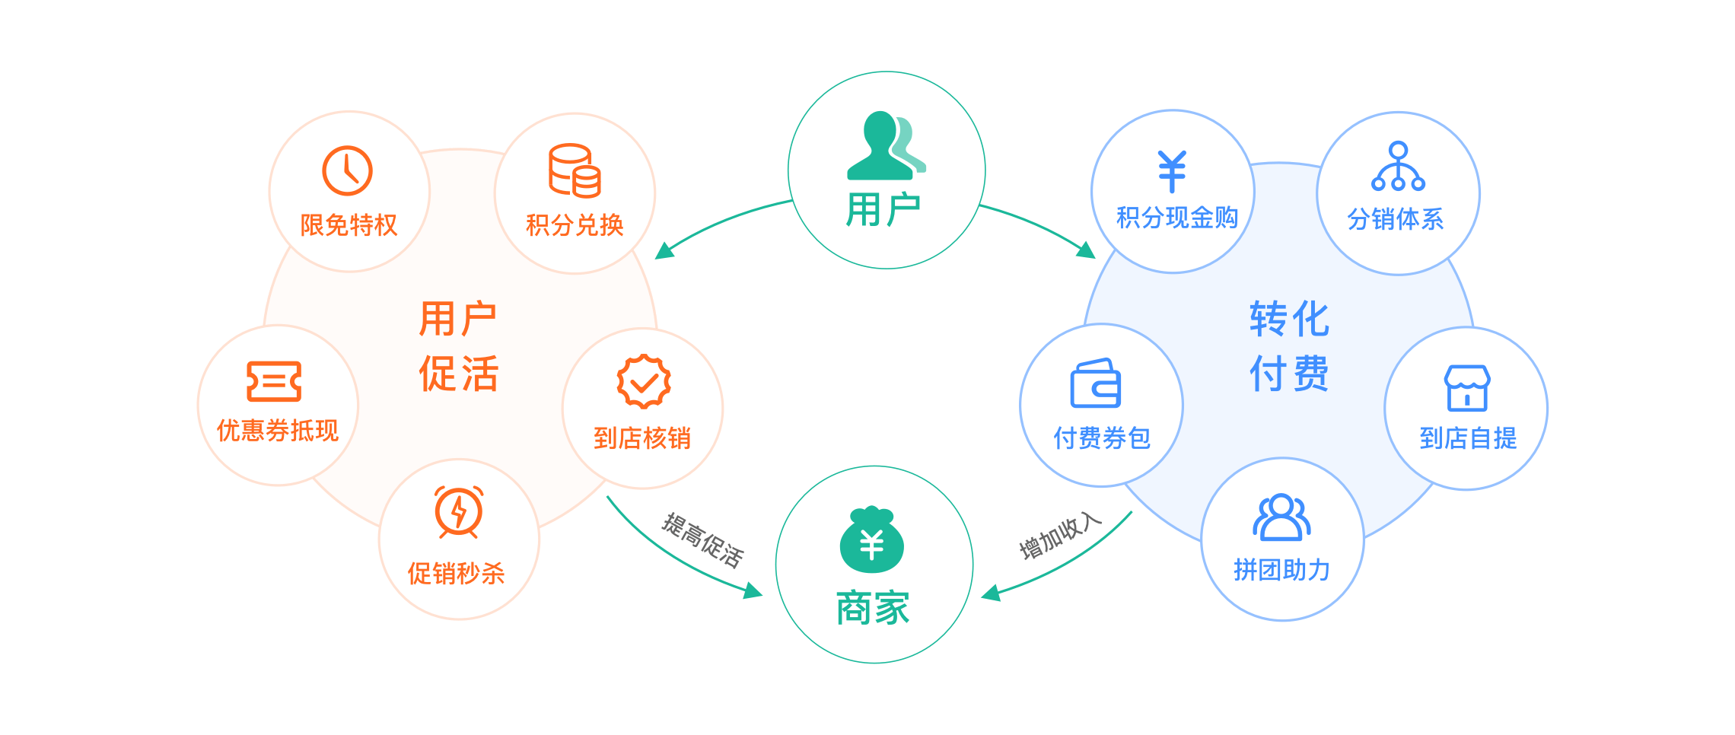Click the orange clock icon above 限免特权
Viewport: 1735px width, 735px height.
[x=347, y=170]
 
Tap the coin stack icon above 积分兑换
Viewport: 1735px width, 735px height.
[x=575, y=170]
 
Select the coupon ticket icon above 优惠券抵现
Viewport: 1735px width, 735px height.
[x=274, y=381]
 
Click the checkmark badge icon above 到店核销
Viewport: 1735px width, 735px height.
[x=644, y=381]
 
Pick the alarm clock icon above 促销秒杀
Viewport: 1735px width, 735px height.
[x=458, y=511]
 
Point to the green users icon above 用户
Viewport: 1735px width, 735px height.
[x=886, y=145]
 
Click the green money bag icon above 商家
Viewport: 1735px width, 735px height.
[x=872, y=540]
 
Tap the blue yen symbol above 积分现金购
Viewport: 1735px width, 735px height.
[x=1172, y=170]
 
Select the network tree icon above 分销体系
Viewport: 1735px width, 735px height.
[x=1398, y=167]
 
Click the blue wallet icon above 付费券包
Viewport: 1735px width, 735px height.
[x=1096, y=383]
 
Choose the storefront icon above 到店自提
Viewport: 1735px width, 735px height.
[x=1467, y=388]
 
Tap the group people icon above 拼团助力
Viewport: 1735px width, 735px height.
[x=1281, y=517]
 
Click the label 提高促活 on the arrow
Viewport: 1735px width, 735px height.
[x=702, y=540]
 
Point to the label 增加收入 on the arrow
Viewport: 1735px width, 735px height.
[x=1060, y=536]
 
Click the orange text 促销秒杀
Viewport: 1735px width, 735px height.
[x=457, y=573]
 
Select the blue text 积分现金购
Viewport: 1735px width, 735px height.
[x=1177, y=218]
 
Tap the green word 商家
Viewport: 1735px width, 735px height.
[x=873, y=608]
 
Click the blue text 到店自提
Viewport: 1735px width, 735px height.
[x=1468, y=438]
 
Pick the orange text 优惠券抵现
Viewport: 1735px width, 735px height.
[x=278, y=431]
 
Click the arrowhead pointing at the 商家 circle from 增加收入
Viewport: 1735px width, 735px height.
[x=990, y=593]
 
